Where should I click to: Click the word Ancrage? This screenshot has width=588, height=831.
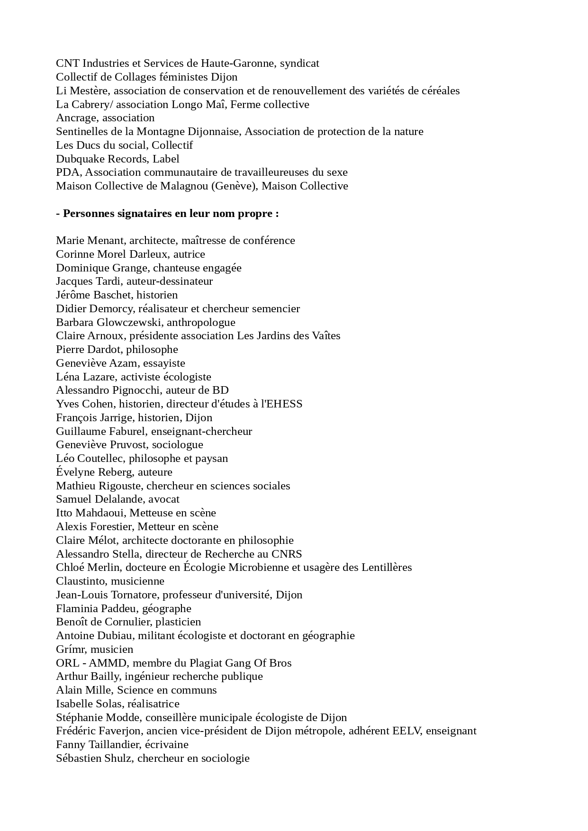(x=76, y=118)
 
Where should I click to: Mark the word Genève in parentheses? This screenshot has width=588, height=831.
(x=233, y=186)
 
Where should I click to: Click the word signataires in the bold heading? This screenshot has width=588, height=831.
(x=145, y=214)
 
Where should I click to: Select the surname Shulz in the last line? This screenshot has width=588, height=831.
(x=118, y=759)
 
